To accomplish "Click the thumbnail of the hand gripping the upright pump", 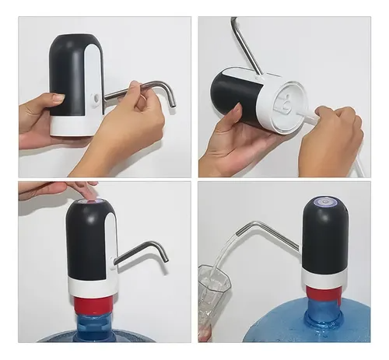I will click(57, 98).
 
